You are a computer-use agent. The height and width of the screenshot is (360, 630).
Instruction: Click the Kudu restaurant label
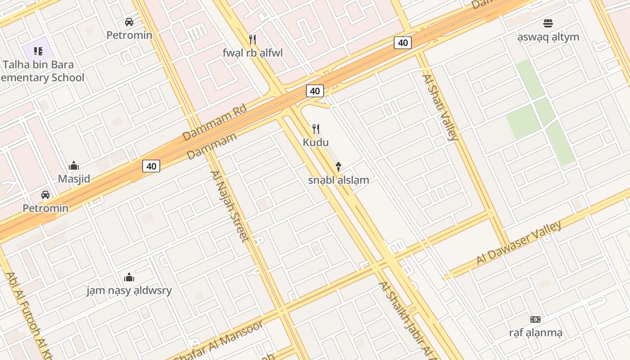click(x=315, y=143)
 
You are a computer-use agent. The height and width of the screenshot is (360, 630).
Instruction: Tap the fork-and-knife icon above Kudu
click(x=316, y=130)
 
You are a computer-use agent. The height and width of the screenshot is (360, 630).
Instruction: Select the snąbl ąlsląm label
click(x=338, y=180)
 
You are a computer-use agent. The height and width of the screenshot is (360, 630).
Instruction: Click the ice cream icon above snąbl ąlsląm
click(x=338, y=167)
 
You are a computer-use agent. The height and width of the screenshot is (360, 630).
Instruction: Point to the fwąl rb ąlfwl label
click(x=252, y=53)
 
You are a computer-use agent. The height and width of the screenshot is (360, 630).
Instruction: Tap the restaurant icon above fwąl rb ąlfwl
click(x=252, y=40)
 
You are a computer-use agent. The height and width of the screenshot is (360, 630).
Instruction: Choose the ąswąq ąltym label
click(x=548, y=37)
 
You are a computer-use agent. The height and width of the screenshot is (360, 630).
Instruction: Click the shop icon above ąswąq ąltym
click(x=548, y=23)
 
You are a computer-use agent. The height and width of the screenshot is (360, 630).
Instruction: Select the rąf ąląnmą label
click(x=535, y=333)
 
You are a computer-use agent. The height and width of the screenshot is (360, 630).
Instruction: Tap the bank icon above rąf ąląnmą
click(x=535, y=319)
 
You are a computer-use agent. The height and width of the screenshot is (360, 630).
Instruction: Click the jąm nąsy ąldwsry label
click(x=129, y=290)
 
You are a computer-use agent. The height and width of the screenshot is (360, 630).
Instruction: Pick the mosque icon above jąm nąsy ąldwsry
click(x=129, y=277)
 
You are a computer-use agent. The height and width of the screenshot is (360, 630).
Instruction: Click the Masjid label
click(x=74, y=179)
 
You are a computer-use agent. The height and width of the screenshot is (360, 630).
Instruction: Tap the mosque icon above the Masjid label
click(x=74, y=166)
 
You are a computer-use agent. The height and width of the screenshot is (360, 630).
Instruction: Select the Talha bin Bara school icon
click(x=38, y=51)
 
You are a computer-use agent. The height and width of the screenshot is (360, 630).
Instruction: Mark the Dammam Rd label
click(x=215, y=122)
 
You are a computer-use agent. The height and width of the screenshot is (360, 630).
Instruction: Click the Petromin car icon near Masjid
click(x=45, y=195)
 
